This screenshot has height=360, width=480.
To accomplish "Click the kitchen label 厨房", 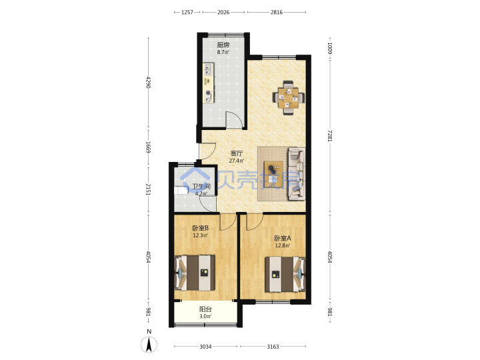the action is tap(223, 45).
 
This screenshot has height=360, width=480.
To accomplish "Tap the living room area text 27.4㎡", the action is tap(237, 161).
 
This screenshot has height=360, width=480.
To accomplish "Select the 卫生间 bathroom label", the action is tap(201, 187).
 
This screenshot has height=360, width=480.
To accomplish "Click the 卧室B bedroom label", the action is tap(201, 228).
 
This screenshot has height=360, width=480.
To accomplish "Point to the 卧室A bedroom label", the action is tap(282, 238).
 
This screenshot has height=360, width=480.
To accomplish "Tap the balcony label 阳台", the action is tap(205, 309).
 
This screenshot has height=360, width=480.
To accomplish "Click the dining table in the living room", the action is tap(288, 97).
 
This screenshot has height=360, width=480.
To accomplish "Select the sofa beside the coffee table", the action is tap(296, 174).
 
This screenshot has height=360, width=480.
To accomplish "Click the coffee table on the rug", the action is tap(273, 173).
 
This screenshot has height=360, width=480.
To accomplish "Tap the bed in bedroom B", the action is tap(195, 273).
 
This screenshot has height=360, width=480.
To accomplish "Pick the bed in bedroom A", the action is tap(285, 274).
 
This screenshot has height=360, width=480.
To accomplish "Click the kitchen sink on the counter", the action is tap(208, 69).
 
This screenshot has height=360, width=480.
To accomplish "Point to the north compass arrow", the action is tap(149, 345).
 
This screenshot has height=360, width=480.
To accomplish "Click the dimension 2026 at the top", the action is tap(223, 12).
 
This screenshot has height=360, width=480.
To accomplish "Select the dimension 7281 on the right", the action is tap(329, 135).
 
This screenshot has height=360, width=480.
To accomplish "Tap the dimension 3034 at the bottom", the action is tap(205, 347).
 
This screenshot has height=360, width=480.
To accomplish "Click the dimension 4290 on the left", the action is tap(149, 82).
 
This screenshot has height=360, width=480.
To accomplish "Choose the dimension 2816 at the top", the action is tap(277, 12).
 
